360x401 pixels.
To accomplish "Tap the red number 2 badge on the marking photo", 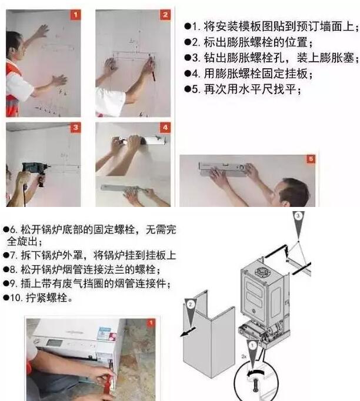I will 165,15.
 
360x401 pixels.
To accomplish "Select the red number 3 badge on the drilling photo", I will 75,127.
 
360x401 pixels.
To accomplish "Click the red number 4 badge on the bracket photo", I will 165,127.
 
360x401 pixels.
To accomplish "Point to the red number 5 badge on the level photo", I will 310,159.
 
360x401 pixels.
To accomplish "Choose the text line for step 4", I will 253,75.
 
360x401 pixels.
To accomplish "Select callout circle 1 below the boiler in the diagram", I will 251,346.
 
